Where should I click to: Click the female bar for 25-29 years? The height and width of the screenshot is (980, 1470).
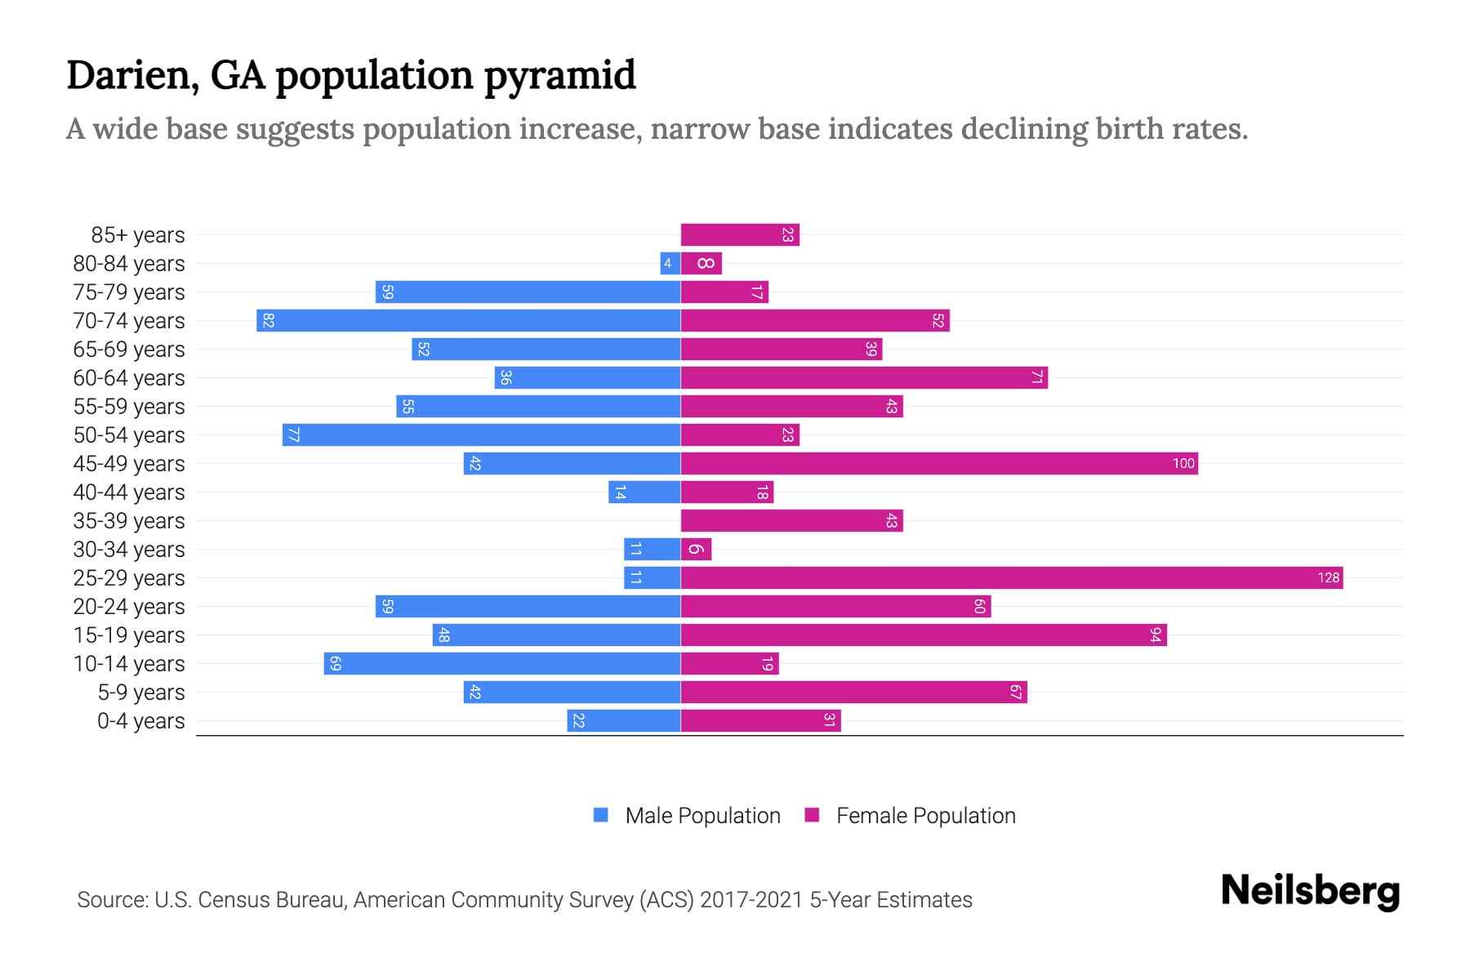1011,578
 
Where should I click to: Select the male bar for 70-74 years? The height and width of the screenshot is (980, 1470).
468,321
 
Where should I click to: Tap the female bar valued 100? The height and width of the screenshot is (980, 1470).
939,464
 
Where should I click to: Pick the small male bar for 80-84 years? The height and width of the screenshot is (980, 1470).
670,264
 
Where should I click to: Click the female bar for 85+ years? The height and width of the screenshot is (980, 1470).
739,235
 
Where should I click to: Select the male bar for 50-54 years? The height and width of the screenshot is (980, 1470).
481,435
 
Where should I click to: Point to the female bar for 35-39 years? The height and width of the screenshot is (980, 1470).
791,521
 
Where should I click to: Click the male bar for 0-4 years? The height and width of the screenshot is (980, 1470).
624,721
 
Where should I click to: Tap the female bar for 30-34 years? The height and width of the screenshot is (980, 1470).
696,550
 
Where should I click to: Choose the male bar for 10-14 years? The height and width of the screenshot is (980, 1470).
501,664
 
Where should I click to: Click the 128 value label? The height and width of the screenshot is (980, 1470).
1328,578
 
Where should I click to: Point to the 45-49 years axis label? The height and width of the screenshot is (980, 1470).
129,464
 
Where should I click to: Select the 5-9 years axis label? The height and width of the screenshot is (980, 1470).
140,693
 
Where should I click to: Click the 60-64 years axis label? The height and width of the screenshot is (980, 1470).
129,378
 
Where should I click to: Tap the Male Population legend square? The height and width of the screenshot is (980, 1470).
601,815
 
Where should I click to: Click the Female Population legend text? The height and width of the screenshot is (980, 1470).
925,816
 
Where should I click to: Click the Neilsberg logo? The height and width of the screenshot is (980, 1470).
1310,891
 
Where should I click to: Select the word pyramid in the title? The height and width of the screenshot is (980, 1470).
559,76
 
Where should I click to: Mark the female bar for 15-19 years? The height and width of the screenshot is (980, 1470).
923,635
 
